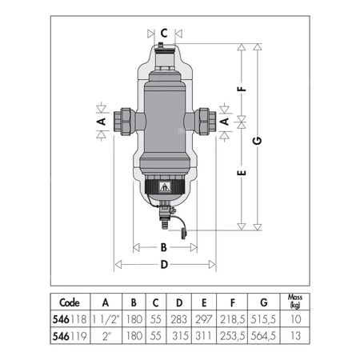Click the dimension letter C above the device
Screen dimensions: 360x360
[x=164, y=34]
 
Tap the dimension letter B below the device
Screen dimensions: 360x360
[x=164, y=248]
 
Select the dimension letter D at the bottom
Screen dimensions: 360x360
[x=164, y=265]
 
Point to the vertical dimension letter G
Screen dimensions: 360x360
[x=258, y=141]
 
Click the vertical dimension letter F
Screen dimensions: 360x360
[x=242, y=89]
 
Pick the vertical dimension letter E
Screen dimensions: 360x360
[x=242, y=173]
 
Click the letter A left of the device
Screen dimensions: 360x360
[x=102, y=122]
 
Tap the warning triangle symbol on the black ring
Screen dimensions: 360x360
[x=164, y=187]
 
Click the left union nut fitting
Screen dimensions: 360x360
[x=123, y=122]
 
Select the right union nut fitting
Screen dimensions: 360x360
[x=206, y=122]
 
